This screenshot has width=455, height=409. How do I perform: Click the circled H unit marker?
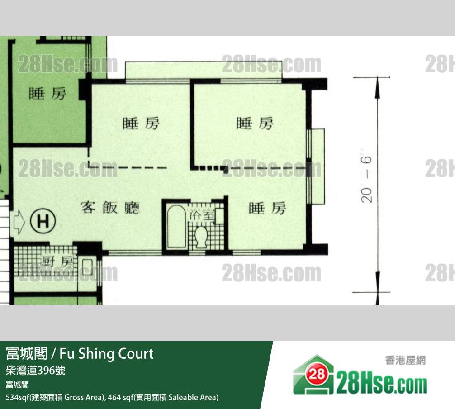[x=43, y=222]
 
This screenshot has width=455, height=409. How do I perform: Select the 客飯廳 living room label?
[x=110, y=208]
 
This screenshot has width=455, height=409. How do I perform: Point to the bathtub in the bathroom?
[x=176, y=226]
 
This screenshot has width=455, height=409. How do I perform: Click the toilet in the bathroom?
[x=201, y=237]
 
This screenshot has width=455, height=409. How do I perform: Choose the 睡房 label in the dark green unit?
[x=47, y=94]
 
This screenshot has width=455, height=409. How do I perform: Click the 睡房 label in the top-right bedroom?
[x=255, y=124]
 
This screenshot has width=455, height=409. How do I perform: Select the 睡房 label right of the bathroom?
[x=267, y=208]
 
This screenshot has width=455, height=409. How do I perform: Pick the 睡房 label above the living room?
[x=141, y=124]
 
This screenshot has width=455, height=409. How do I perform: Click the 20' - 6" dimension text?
[x=366, y=179]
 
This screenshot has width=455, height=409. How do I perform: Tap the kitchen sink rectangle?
[x=87, y=267]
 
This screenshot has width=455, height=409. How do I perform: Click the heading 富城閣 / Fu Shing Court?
[x=80, y=353]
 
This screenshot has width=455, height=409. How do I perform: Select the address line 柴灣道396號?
[x=36, y=371]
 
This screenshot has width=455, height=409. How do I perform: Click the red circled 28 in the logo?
[x=317, y=375]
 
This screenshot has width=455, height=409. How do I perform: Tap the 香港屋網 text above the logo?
[x=405, y=360]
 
